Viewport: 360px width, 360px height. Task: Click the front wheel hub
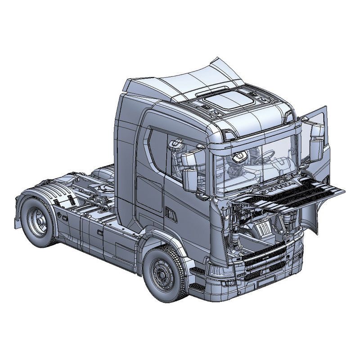(163, 274)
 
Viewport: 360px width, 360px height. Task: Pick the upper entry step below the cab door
(198, 271)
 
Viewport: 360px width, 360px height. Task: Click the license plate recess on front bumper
(265, 281)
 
